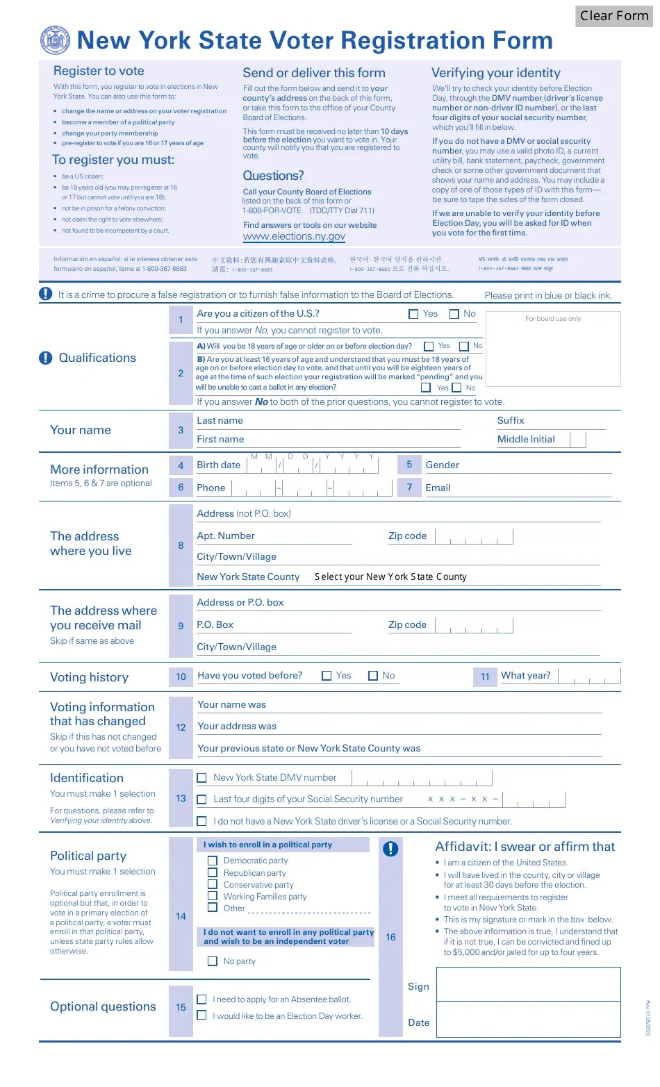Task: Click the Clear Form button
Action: click(x=613, y=16)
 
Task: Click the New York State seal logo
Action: click(x=56, y=41)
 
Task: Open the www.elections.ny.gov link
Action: click(x=294, y=237)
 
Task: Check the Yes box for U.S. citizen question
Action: click(x=413, y=314)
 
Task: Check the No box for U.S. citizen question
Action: click(x=454, y=314)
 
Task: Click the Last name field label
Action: click(x=220, y=421)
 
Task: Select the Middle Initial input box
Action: click(x=578, y=439)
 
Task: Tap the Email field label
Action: click(x=438, y=488)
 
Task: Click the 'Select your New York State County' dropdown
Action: click(x=390, y=576)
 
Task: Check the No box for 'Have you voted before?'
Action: click(x=373, y=676)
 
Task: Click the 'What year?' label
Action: click(x=525, y=676)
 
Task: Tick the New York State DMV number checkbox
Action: click(x=202, y=778)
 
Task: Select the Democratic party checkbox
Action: click(x=213, y=861)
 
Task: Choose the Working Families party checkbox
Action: click(x=213, y=897)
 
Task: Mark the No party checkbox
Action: click(x=213, y=961)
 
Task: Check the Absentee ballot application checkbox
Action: click(x=202, y=999)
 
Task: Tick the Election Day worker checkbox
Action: click(x=202, y=1015)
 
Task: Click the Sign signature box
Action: click(x=528, y=985)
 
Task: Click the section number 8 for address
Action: click(x=181, y=546)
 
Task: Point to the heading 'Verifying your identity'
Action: click(x=495, y=73)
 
